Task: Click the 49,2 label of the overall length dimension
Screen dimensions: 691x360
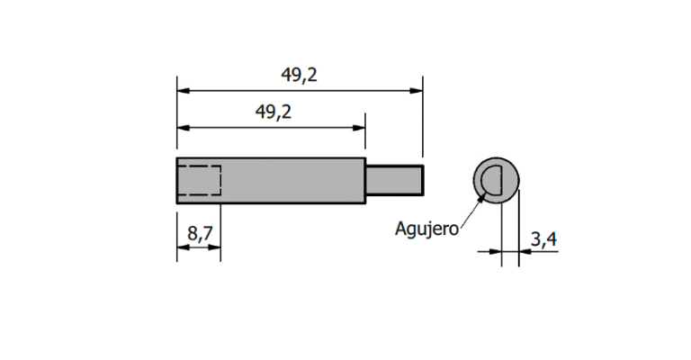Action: (300, 76)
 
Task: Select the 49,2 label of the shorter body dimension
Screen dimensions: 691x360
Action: (274, 112)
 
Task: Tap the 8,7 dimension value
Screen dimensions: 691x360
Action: (200, 233)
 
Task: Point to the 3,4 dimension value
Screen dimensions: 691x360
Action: (543, 239)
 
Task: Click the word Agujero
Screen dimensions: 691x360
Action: (426, 229)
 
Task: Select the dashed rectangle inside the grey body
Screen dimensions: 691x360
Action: (199, 180)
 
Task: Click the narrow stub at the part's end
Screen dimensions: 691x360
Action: (394, 180)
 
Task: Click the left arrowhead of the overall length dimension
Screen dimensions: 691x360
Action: (184, 91)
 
